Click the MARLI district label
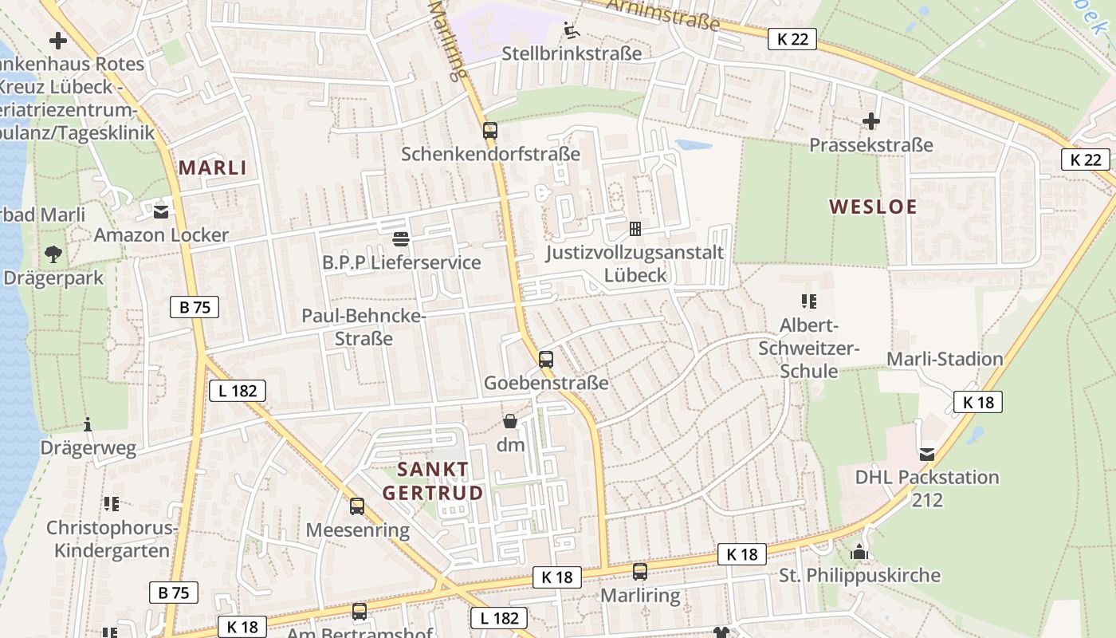(x=212, y=167)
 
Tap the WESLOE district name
(x=873, y=207)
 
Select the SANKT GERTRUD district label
(x=433, y=480)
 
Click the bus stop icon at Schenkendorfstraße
(x=489, y=130)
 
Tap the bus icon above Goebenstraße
(x=545, y=359)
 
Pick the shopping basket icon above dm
(x=510, y=421)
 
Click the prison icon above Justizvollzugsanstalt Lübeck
(x=635, y=229)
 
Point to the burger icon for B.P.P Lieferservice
(x=401, y=238)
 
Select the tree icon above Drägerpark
(x=53, y=254)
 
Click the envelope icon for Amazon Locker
(x=161, y=211)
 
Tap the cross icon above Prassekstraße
(x=871, y=121)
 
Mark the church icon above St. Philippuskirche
(x=859, y=552)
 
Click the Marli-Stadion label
(x=945, y=359)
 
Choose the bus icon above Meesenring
(x=357, y=506)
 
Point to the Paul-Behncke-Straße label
(x=363, y=327)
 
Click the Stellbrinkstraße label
(x=572, y=54)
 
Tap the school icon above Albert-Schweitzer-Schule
(x=809, y=301)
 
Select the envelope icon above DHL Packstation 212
(x=926, y=454)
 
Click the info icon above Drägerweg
(x=88, y=424)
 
